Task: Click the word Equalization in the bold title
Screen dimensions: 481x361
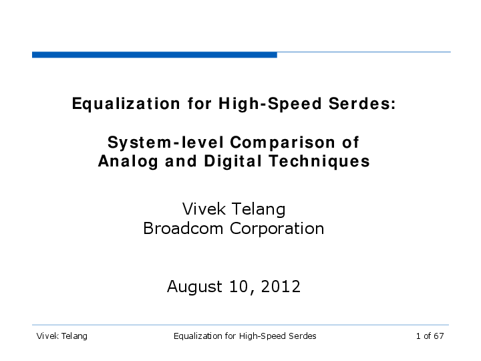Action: (126, 104)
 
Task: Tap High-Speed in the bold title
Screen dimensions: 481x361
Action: (270, 104)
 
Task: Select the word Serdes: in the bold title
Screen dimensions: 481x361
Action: (362, 104)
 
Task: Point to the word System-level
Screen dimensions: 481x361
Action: (166, 143)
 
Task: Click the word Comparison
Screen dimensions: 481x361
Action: (283, 143)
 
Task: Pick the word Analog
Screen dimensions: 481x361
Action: (128, 162)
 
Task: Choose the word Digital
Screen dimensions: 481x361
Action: (233, 162)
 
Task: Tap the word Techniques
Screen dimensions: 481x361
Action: (319, 162)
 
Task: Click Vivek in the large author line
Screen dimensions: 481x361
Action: (204, 209)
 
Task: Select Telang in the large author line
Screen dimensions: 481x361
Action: (259, 210)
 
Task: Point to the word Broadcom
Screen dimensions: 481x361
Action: (183, 229)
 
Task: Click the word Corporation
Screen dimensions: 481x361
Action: (277, 229)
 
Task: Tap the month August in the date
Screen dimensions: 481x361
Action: (194, 287)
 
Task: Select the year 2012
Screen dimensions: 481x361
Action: (281, 286)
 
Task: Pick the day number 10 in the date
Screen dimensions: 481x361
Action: (239, 286)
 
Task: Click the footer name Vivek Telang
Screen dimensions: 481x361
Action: (61, 336)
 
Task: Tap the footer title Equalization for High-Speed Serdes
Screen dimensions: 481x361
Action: (245, 336)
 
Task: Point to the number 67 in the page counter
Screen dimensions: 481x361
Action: (439, 336)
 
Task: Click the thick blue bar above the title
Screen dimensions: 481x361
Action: (154, 55)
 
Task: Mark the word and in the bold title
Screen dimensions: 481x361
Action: (181, 162)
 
